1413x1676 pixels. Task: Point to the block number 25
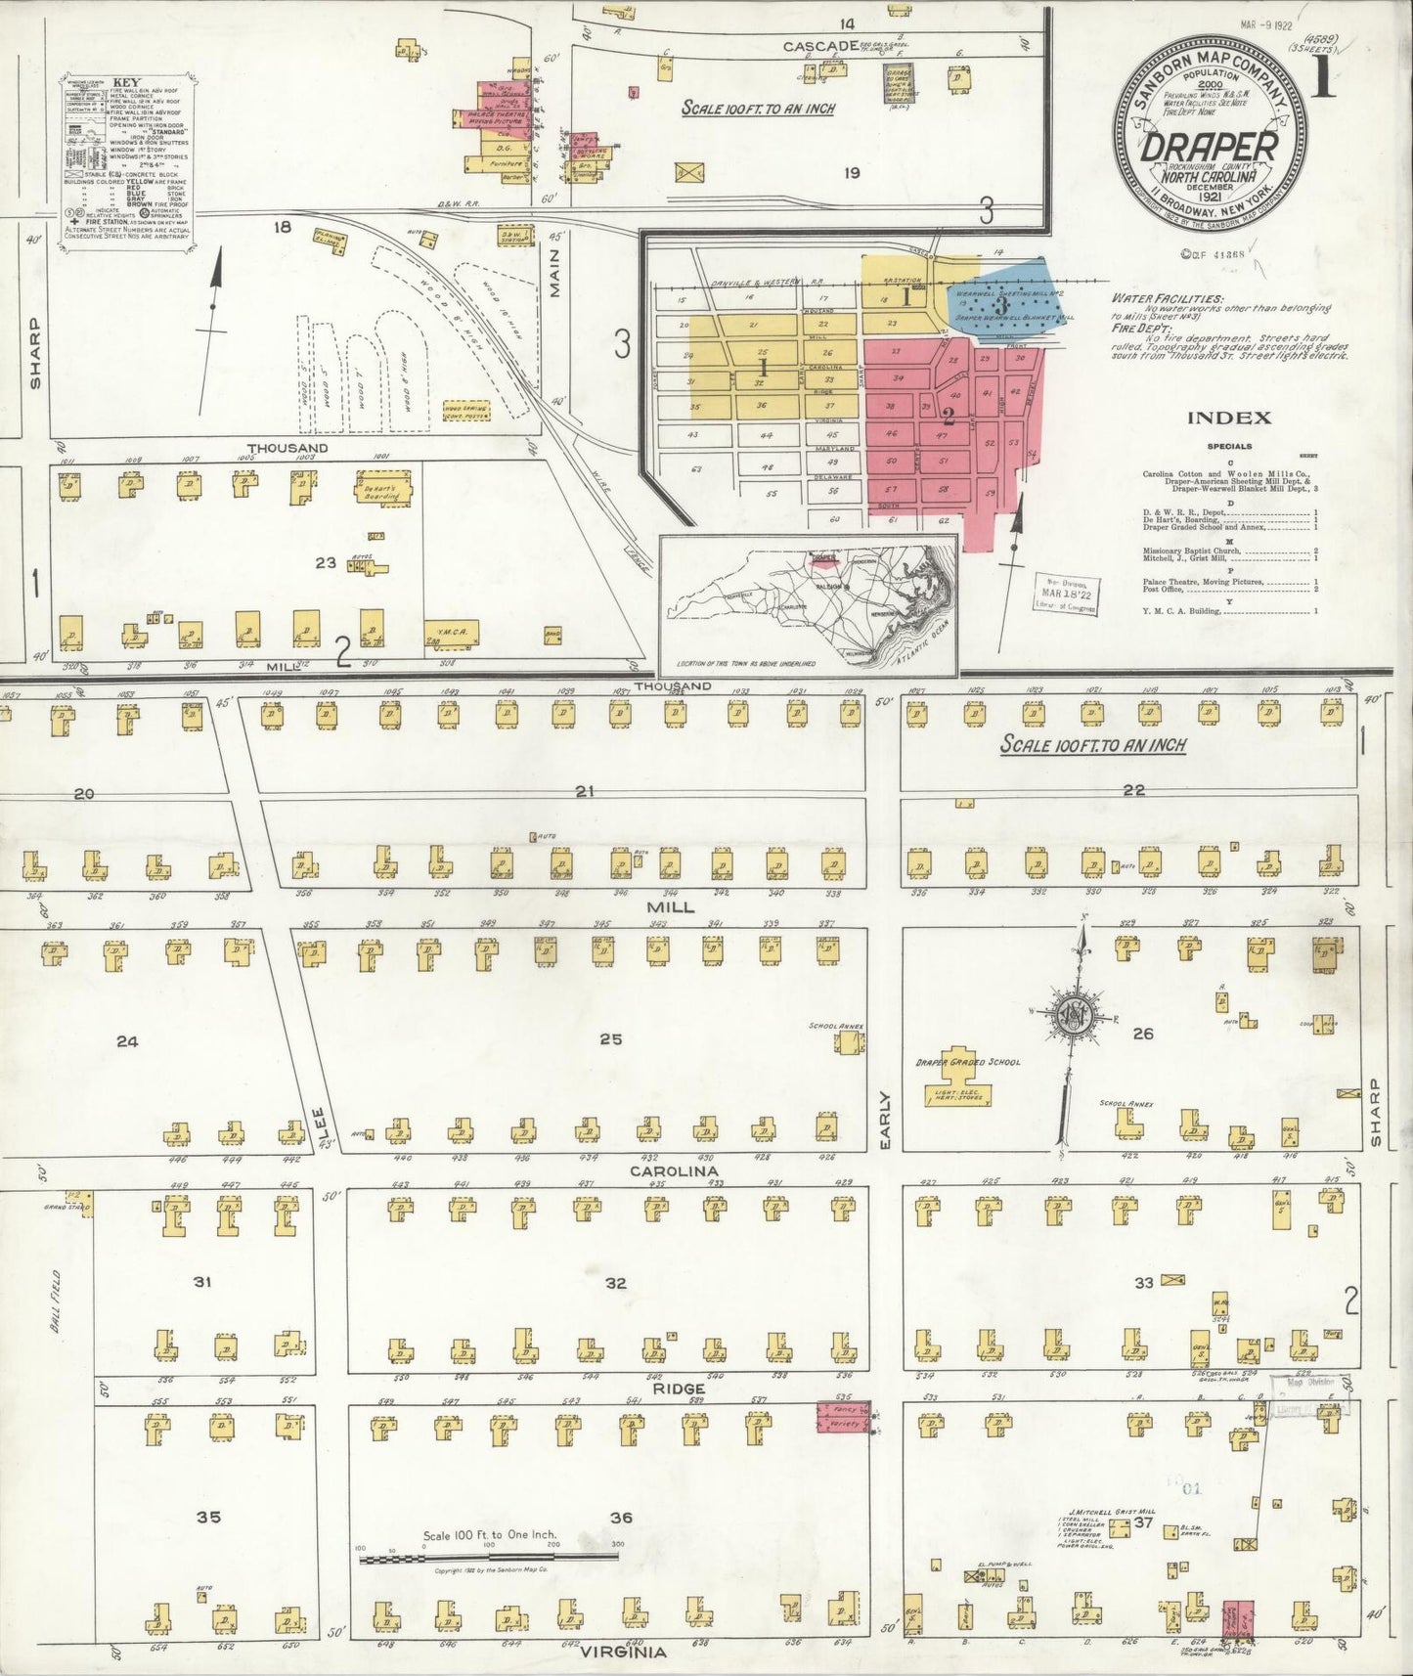(610, 1039)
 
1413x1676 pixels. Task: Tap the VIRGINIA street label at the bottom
(624, 1653)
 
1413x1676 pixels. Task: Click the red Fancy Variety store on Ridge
(842, 1417)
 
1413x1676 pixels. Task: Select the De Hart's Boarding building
(383, 486)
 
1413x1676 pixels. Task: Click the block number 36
(620, 1518)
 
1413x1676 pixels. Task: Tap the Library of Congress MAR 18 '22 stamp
(1064, 593)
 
